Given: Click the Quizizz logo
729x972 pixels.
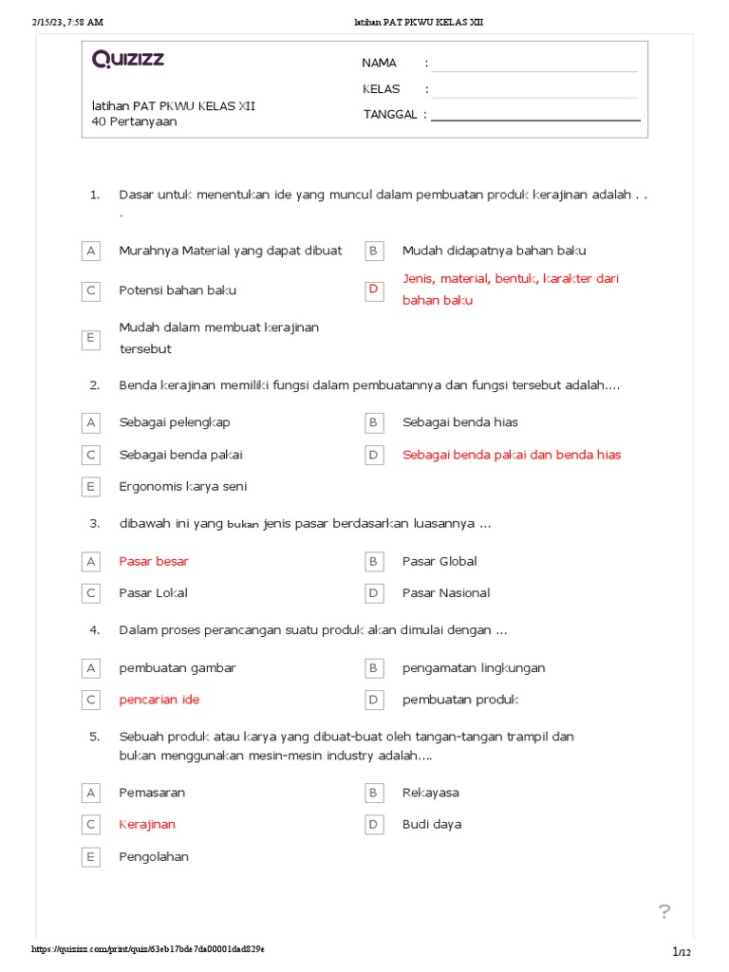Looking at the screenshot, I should pyautogui.click(x=128, y=60).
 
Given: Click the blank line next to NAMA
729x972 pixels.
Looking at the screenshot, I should pyautogui.click(x=534, y=65).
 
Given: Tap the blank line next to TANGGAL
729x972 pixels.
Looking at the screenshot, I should pyautogui.click(x=535, y=117).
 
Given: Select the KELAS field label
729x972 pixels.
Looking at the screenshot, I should pyautogui.click(x=381, y=89).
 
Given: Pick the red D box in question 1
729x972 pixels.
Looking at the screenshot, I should pyautogui.click(x=374, y=289).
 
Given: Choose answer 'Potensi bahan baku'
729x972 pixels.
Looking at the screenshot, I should pyautogui.click(x=178, y=290).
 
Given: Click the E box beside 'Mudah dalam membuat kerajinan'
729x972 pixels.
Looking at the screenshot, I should pyautogui.click(x=91, y=338).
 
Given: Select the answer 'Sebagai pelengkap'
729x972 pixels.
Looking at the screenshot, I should pyautogui.click(x=175, y=422).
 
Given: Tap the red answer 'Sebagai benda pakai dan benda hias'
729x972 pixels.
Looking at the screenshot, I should pyautogui.click(x=512, y=455).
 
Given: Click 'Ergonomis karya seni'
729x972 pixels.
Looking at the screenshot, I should pyautogui.click(x=182, y=487).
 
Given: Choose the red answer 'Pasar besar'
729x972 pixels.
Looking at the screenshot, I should pyautogui.click(x=154, y=561).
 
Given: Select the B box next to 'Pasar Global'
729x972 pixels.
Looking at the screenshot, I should pyautogui.click(x=374, y=561).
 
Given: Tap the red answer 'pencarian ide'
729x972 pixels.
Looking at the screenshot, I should pyautogui.click(x=159, y=700).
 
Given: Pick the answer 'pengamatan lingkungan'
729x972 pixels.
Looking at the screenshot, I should pyautogui.click(x=474, y=668).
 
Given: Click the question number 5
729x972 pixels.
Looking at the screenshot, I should pyautogui.click(x=95, y=737).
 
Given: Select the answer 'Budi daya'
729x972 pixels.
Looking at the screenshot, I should pyautogui.click(x=432, y=825).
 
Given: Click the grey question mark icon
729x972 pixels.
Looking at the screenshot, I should pyautogui.click(x=664, y=912).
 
